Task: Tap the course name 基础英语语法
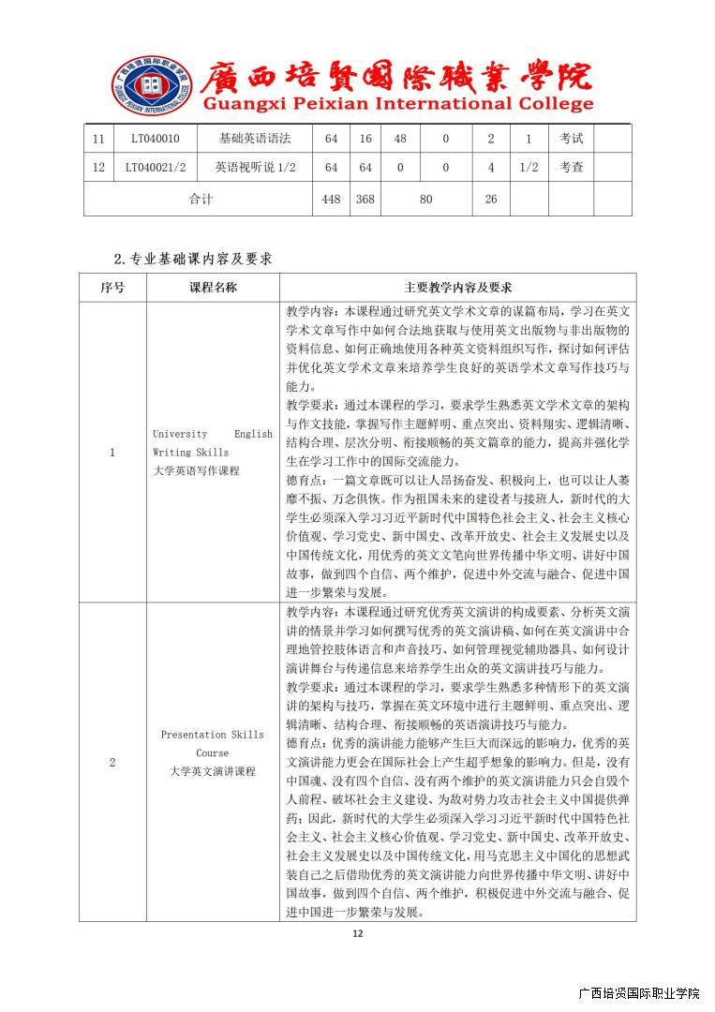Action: tap(255, 139)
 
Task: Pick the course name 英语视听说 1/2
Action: tap(255, 168)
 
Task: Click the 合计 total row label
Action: tap(201, 199)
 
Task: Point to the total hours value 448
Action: tap(331, 199)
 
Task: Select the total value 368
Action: tap(365, 199)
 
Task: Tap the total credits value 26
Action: tap(490, 199)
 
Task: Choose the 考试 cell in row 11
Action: tap(571, 139)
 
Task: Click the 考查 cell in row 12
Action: tap(571, 168)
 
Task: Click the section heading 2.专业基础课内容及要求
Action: tap(192, 259)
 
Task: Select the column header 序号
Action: tap(112, 288)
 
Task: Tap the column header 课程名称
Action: tap(213, 288)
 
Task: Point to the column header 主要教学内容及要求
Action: tap(457, 288)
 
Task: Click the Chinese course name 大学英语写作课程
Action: tap(196, 470)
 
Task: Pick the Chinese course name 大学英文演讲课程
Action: tap(213, 772)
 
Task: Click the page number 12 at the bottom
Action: tap(357, 933)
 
